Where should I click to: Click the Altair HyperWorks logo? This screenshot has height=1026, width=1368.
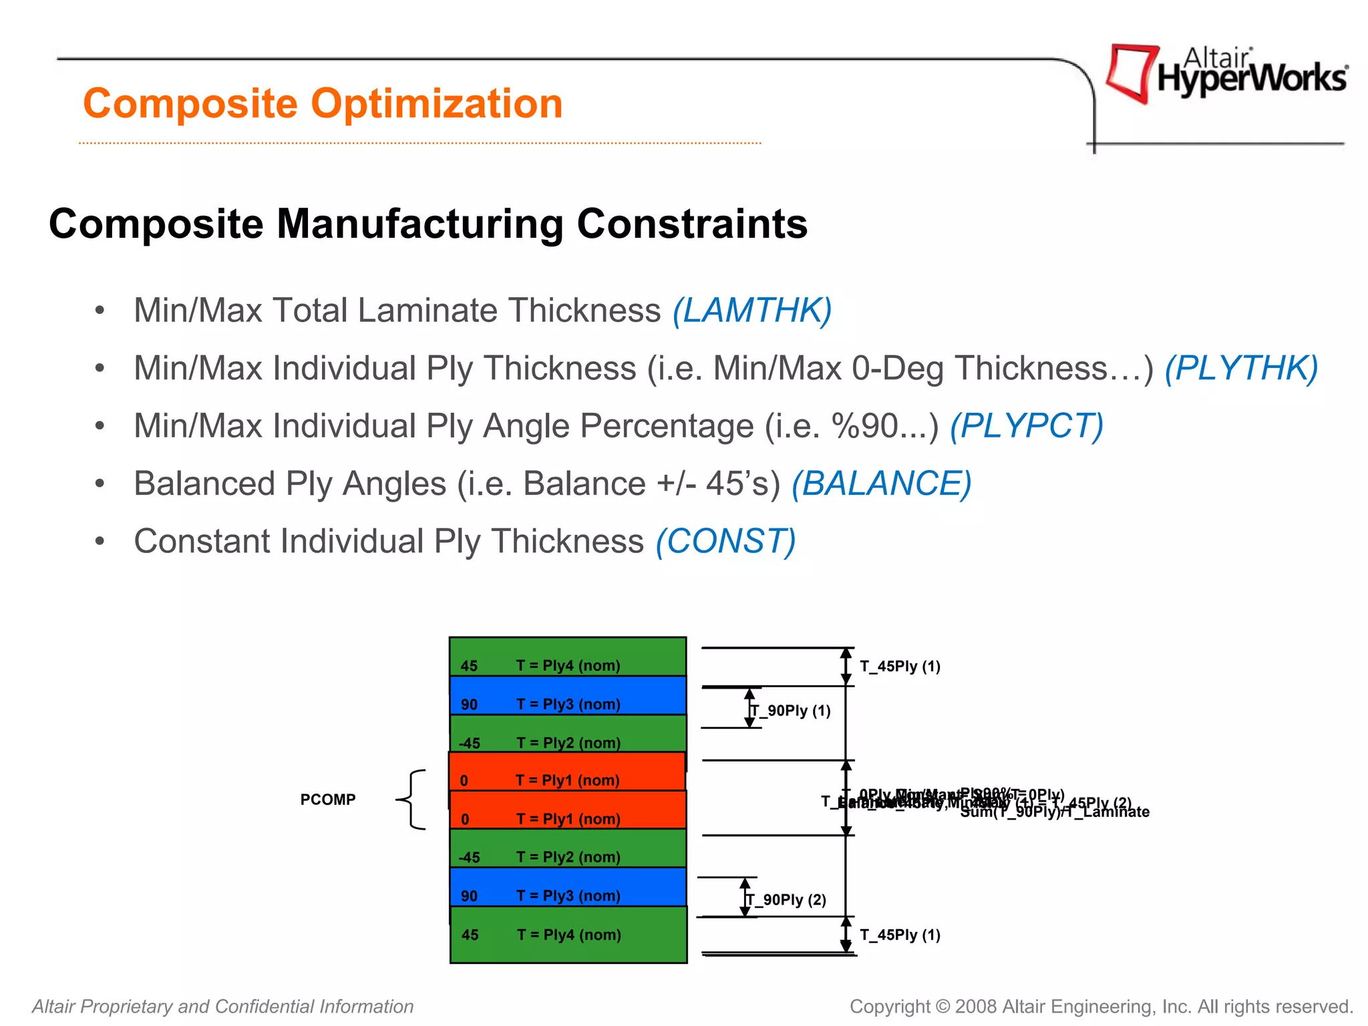click(1226, 73)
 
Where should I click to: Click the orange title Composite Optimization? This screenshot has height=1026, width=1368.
click(323, 104)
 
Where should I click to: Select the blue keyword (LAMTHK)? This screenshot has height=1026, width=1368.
click(752, 311)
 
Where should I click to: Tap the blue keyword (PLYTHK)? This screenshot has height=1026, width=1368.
click(1241, 368)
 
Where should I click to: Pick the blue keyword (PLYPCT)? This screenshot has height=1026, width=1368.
click(1027, 425)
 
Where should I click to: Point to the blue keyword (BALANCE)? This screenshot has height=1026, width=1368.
click(882, 484)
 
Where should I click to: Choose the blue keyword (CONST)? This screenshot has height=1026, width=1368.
click(726, 541)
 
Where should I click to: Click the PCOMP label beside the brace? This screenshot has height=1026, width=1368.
click(328, 800)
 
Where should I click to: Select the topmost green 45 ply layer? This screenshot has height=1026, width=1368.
click(568, 657)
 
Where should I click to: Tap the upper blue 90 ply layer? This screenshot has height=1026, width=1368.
click(568, 695)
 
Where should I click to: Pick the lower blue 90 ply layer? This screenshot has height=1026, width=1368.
click(568, 887)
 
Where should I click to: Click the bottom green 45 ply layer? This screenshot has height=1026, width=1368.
click(568, 934)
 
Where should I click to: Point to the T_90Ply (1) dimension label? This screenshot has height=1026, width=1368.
click(792, 711)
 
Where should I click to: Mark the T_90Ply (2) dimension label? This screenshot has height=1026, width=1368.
click(787, 900)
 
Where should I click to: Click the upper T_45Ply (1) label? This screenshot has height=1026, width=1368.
click(900, 667)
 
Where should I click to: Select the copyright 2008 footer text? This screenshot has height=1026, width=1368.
click(1101, 1007)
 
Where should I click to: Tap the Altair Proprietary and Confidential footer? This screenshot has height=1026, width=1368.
click(223, 1007)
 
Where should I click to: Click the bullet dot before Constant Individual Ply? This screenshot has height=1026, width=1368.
click(100, 541)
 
